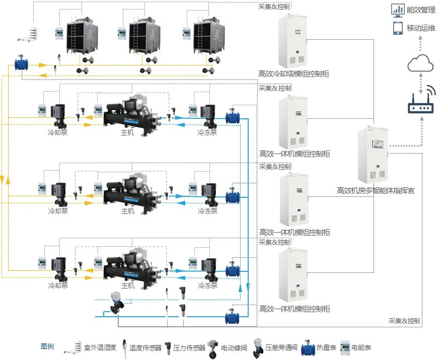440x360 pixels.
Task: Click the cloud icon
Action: point(420,64)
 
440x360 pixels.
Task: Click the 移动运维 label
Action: point(421,28)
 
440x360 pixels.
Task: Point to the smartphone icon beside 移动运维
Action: point(398,28)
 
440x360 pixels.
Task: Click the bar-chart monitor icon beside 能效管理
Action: point(398,10)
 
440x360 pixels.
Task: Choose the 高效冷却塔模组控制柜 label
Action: point(294,74)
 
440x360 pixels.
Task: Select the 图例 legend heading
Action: point(47,346)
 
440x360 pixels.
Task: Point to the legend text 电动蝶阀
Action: point(236,347)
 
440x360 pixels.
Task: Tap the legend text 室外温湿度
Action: point(100,347)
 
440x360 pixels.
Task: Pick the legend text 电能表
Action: point(361,347)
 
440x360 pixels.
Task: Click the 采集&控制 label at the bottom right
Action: point(404,321)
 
